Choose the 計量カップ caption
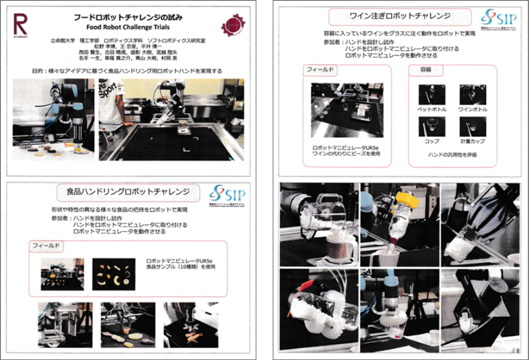(472, 141)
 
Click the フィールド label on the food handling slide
(48, 246)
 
